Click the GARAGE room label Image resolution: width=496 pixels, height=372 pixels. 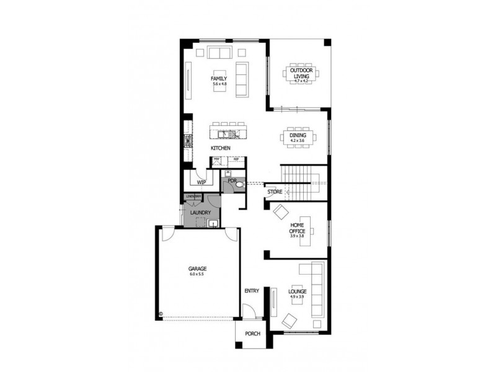tap(197, 268)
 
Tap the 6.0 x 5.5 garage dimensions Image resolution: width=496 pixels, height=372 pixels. tap(197, 274)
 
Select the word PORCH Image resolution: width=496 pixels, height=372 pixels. tap(252, 334)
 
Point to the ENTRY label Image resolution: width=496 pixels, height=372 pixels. tap(251, 290)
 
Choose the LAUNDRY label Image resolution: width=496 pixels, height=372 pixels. tap(200, 213)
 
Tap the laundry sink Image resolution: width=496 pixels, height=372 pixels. tap(213, 223)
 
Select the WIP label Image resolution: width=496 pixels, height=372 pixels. tap(201, 183)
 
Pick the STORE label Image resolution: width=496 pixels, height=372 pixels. tap(275, 192)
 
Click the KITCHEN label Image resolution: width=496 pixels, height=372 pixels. tap(220, 149)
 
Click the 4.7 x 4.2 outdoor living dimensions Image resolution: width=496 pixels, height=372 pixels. tap(301, 81)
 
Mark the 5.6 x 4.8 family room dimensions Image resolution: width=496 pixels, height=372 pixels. tap(219, 84)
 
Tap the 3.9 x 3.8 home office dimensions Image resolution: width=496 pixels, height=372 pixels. tap(297, 236)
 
